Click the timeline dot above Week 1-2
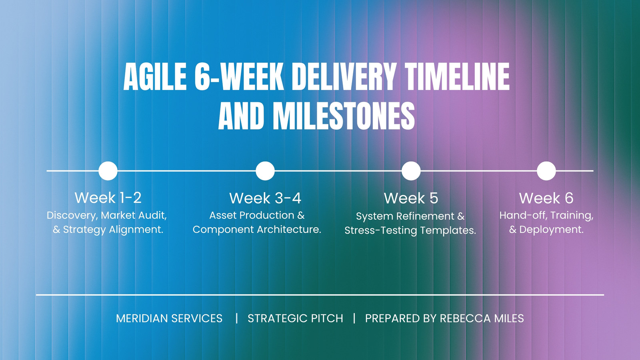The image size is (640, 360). (x=108, y=171)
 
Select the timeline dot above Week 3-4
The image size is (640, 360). (x=265, y=171)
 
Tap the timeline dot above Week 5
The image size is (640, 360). (x=411, y=171)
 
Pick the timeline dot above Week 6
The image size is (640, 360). (x=546, y=171)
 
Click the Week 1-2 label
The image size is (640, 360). (x=108, y=198)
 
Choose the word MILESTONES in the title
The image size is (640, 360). (x=344, y=116)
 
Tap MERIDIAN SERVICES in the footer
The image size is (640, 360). (x=169, y=318)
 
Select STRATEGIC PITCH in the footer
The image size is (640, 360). (x=296, y=318)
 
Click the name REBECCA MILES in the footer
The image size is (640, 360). (x=482, y=318)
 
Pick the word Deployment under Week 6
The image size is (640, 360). (x=552, y=230)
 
